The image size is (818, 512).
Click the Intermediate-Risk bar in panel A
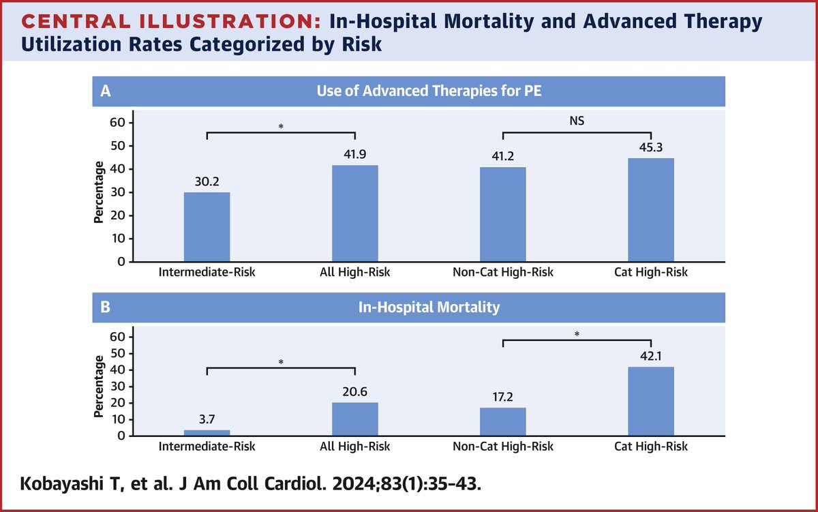[x=207, y=227]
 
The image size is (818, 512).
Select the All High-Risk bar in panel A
[x=354, y=213]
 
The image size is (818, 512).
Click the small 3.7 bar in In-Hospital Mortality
[x=207, y=432]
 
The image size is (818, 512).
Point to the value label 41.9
[x=354, y=155]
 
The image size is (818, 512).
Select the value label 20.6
[x=354, y=393]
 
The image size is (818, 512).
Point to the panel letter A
[x=105, y=93]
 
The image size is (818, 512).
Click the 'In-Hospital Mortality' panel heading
[x=429, y=307]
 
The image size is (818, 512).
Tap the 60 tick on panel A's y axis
[x=119, y=123]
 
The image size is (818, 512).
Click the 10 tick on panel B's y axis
[x=119, y=419]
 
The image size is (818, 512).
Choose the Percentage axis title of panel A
[x=100, y=192]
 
